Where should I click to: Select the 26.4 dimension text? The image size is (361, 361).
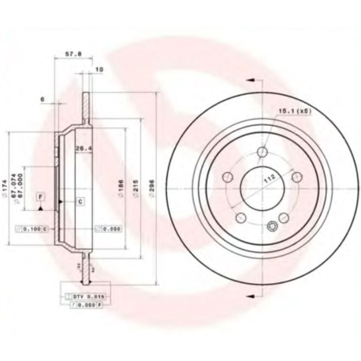(82, 148)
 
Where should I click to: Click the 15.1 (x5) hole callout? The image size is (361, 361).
(295, 111)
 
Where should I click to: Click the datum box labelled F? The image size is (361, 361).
(41, 197)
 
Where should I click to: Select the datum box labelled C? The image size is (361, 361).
(80, 201)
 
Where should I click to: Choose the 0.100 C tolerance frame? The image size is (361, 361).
(32, 229)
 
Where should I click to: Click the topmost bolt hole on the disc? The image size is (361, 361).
(263, 152)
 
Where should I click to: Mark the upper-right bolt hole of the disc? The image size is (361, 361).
(297, 176)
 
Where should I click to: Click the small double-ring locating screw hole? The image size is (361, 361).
(272, 227)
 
